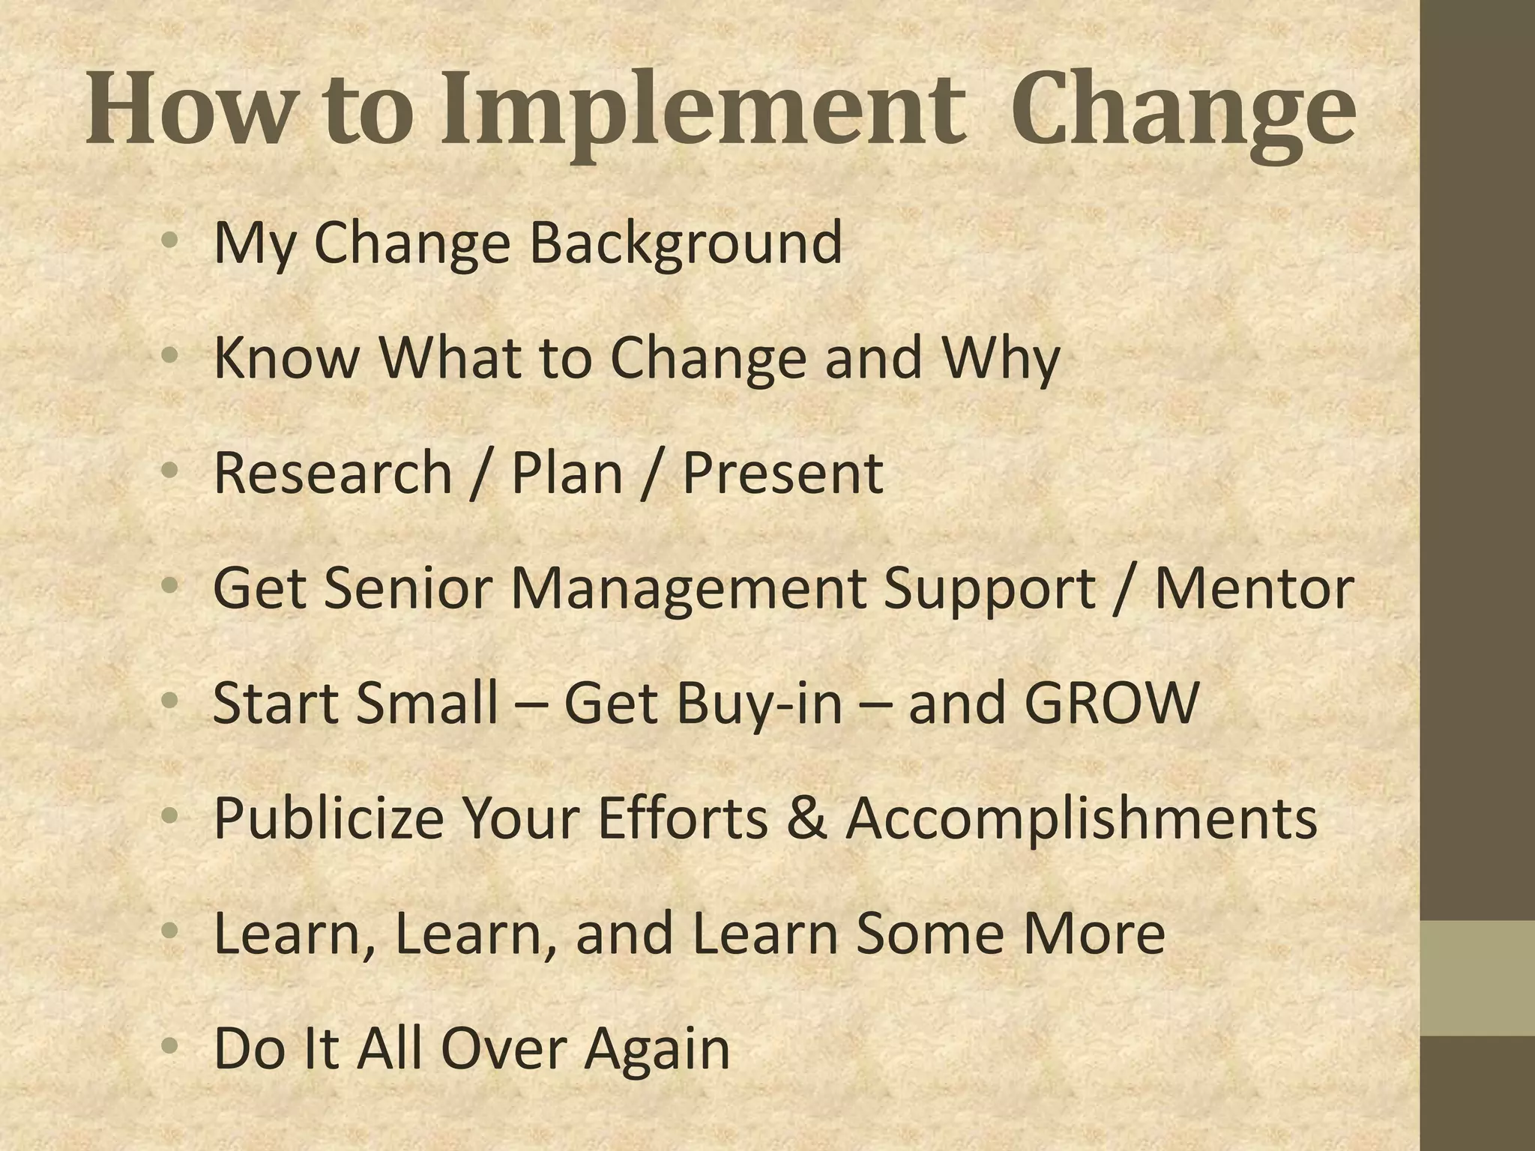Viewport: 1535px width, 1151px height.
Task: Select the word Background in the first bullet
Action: coord(686,243)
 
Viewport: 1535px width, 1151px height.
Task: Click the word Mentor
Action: coord(1253,587)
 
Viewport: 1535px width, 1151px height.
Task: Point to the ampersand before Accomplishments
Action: coord(807,818)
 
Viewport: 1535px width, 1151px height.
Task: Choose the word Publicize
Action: coord(328,818)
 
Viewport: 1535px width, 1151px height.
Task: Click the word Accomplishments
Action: coord(1081,818)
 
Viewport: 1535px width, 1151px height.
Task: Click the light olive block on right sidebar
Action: coord(1477,978)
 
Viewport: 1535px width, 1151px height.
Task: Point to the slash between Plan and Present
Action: coord(652,474)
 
